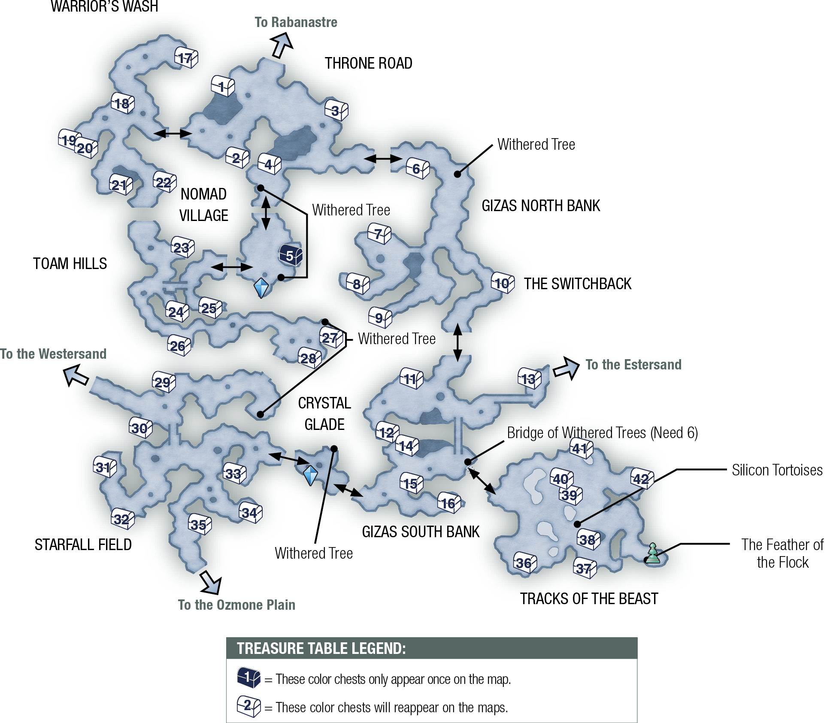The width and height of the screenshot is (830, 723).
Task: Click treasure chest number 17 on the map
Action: (x=186, y=57)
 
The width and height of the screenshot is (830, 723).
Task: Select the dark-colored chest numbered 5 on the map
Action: (x=291, y=255)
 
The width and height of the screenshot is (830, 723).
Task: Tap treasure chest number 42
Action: (x=642, y=478)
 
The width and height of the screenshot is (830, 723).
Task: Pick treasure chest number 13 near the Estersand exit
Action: (x=530, y=378)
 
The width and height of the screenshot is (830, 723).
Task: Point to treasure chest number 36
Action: (x=525, y=563)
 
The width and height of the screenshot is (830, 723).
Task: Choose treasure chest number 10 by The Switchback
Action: (x=503, y=283)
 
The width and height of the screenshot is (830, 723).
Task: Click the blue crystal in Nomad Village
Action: (x=261, y=287)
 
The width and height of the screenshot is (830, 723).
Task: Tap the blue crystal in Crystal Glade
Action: (x=310, y=475)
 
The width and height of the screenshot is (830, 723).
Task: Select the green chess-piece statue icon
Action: (x=652, y=553)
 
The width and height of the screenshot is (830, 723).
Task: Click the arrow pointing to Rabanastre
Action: (x=282, y=45)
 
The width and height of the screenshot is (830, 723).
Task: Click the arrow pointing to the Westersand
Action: (x=76, y=375)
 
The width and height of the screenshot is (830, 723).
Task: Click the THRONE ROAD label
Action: (x=368, y=64)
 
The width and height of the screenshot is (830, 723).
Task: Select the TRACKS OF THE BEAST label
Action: (x=589, y=599)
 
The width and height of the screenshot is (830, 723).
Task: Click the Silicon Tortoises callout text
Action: (x=777, y=470)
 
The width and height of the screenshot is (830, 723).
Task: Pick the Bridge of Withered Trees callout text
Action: (x=603, y=433)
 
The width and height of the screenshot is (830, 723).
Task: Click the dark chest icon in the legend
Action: (x=248, y=678)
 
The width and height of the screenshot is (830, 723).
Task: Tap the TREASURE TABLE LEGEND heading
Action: (x=321, y=648)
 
